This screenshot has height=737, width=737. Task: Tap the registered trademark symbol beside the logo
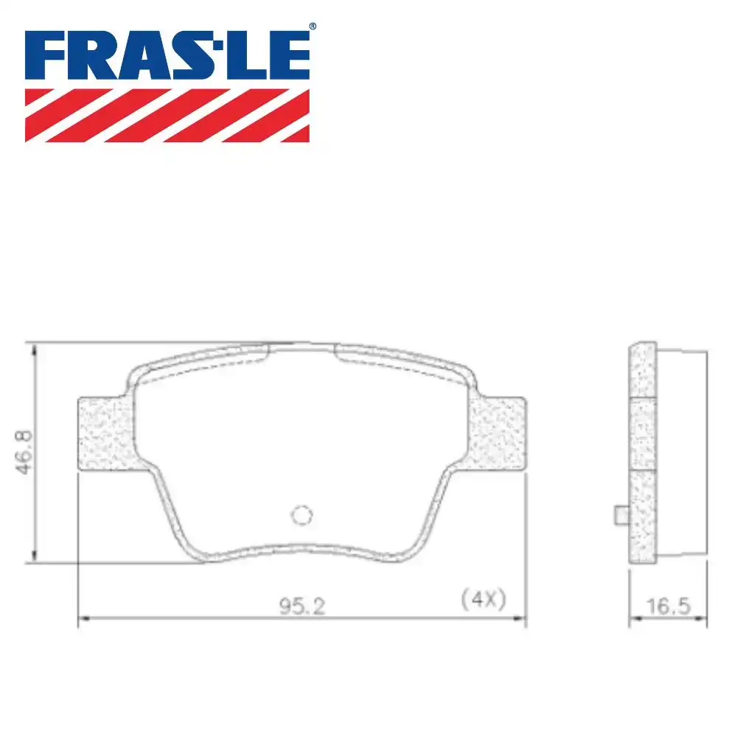tap(312, 27)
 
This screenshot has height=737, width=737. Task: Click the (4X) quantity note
tap(483, 598)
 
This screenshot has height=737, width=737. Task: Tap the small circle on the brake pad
tap(301, 515)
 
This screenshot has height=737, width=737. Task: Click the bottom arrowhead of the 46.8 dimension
tap(34, 557)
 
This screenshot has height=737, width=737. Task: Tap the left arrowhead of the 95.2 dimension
tap(83, 620)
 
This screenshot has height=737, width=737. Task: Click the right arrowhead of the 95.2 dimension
tap(521, 620)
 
